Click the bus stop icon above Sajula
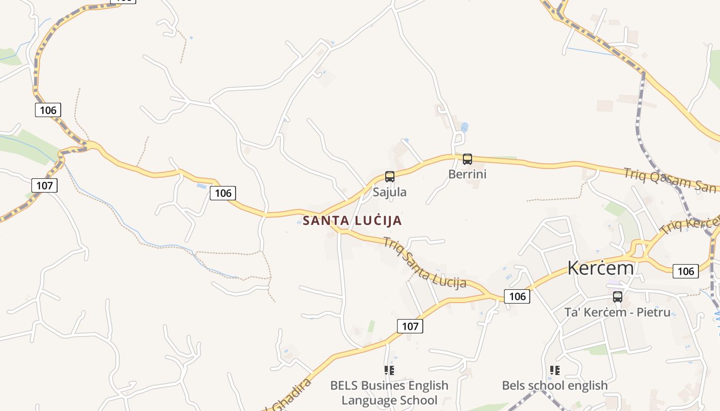pyautogui.click(x=390, y=177)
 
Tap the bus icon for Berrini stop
pyautogui.click(x=467, y=159)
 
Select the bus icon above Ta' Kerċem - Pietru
pyautogui.click(x=617, y=296)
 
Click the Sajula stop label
pyautogui.click(x=389, y=192)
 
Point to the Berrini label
pyautogui.click(x=467, y=174)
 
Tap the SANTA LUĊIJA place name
pyautogui.click(x=352, y=221)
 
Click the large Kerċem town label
pyautogui.click(x=601, y=268)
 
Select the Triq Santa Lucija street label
pyautogui.click(x=424, y=262)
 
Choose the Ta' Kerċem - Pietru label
pyautogui.click(x=617, y=312)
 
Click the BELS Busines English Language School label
pyautogui.click(x=389, y=393)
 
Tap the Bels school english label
pyautogui.click(x=554, y=385)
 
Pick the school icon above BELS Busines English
pyautogui.click(x=389, y=370)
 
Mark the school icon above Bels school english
pyautogui.click(x=554, y=370)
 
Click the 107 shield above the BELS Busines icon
pyautogui.click(x=410, y=326)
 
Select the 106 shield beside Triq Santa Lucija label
pyautogui.click(x=517, y=296)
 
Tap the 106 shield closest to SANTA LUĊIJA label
pyautogui.click(x=223, y=193)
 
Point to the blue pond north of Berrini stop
pyautogui.click(x=464, y=127)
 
